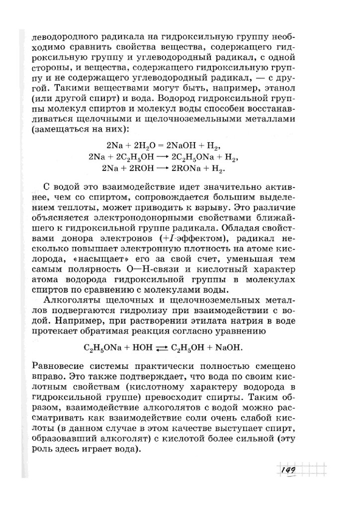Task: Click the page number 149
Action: (289, 469)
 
